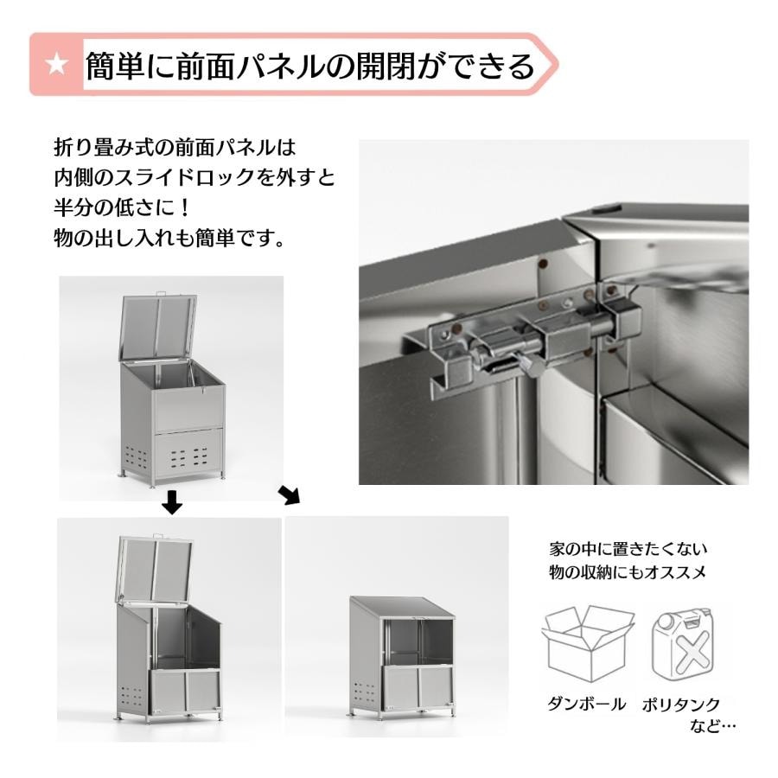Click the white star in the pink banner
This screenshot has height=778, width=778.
point(56,65)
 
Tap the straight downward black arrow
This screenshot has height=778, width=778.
point(172,501)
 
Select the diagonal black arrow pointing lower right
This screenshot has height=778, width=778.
point(289,494)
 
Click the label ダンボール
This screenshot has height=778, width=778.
point(586,704)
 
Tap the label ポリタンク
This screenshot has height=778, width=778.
point(681,705)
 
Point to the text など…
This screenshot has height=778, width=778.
point(712,726)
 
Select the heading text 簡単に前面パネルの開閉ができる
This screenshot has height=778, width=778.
point(310,66)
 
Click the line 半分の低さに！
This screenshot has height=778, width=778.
point(122,207)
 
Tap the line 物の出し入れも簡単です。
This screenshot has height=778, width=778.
point(169,239)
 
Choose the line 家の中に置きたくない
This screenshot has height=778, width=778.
point(628,549)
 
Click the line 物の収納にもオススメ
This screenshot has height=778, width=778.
point(628,572)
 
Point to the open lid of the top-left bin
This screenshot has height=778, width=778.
point(158,328)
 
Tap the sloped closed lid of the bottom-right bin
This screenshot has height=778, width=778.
point(402,608)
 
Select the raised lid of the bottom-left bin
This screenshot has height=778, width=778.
point(156,570)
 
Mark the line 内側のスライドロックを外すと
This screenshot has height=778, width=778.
point(194,177)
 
